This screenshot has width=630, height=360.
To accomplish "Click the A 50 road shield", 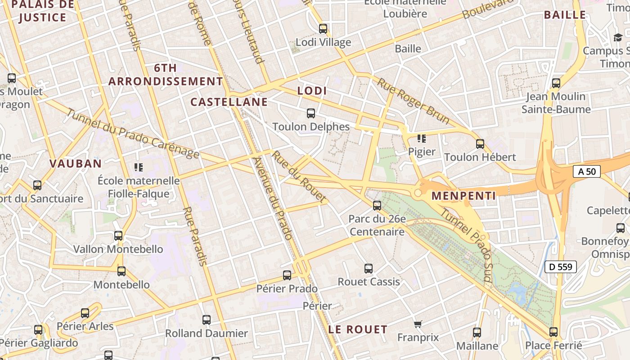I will pyautogui.click(x=587, y=171).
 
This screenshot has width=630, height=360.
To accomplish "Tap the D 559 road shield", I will pyautogui.click(x=561, y=267).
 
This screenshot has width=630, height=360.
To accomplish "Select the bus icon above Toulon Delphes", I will pyautogui.click(x=310, y=113).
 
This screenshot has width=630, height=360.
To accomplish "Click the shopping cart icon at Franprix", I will pyautogui.click(x=418, y=324).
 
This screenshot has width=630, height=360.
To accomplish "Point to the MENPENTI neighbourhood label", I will pyautogui.click(x=463, y=196).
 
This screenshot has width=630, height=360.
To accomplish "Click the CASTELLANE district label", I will pyautogui.click(x=229, y=102).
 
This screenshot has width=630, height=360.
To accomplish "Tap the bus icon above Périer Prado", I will pyautogui.click(x=287, y=275).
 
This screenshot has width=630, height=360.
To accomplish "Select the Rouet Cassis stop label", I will pyautogui.click(x=369, y=282).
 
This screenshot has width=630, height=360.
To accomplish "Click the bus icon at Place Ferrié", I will pyautogui.click(x=553, y=332).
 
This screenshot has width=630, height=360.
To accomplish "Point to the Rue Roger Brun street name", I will pyautogui.click(x=413, y=101).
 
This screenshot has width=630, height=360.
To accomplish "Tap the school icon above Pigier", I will pyautogui.click(x=421, y=138).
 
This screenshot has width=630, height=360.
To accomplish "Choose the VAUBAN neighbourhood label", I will pyautogui.click(x=76, y=163).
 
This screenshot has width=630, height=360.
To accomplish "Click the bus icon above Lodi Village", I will pyautogui.click(x=323, y=29).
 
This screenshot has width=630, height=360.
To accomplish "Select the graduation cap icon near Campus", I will pyautogui.click(x=618, y=38).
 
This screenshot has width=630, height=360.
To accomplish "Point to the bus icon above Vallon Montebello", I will pyautogui.click(x=118, y=235).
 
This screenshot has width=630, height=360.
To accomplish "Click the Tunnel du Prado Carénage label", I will pyautogui.click(x=133, y=134).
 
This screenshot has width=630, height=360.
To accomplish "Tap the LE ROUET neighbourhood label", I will pyautogui.click(x=358, y=329).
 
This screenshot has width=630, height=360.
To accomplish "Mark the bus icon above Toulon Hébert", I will pyautogui.click(x=480, y=144).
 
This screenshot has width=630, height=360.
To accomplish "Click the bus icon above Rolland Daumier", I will pyautogui.click(x=207, y=320).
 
